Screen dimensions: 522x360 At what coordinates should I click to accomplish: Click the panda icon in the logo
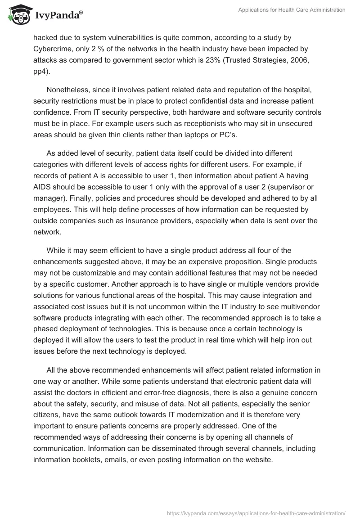[17, 15]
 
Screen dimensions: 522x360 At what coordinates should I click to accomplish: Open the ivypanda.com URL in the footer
[255, 513]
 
